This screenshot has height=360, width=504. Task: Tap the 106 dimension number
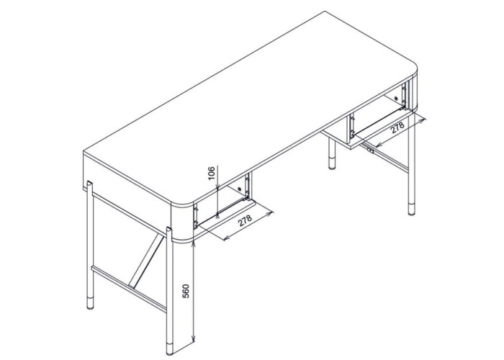[211, 174]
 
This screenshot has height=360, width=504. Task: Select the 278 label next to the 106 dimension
[245, 221]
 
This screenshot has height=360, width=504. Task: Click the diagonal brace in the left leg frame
[146, 260]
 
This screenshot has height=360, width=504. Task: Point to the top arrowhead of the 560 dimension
[193, 243]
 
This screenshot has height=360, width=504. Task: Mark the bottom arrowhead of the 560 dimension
[193, 338]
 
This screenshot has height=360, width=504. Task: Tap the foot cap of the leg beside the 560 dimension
[169, 348]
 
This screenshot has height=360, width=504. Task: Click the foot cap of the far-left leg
[90, 303]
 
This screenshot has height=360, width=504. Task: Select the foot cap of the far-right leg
[411, 209]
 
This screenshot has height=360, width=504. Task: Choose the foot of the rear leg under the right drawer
[332, 163]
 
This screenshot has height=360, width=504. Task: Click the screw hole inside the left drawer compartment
[239, 189]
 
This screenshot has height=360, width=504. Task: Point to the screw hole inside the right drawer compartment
[396, 99]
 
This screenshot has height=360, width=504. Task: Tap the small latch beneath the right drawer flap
[372, 150]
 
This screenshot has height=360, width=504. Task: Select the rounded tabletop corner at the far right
[413, 69]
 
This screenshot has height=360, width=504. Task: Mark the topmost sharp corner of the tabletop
[324, 12]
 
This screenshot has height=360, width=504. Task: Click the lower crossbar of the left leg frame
[129, 288]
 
